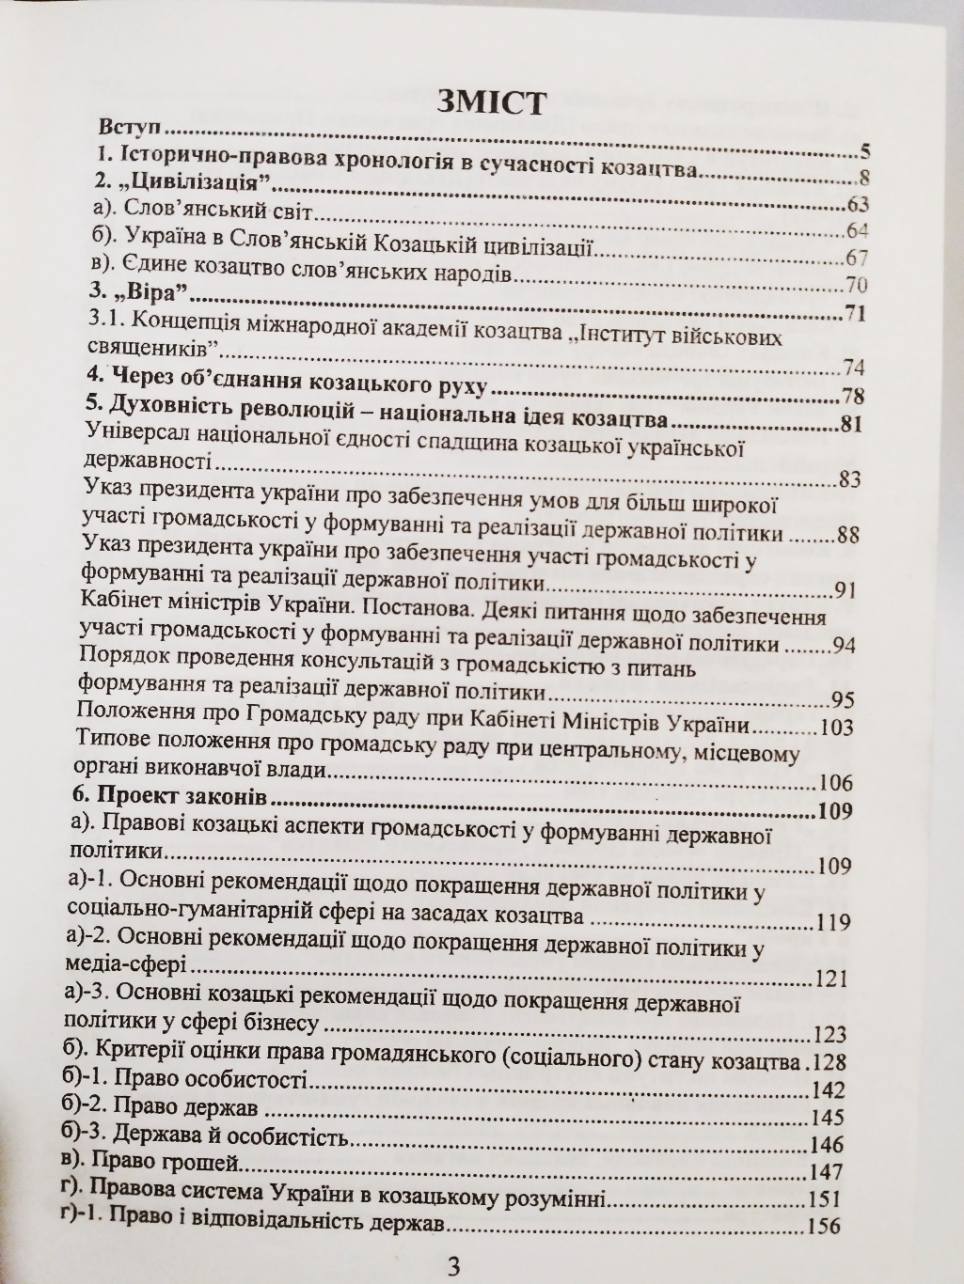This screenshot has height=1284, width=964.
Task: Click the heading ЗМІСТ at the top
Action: [490, 101]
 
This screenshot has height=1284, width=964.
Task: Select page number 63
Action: [856, 205]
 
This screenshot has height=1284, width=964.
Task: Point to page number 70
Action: [855, 286]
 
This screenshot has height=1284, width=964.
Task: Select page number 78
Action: [853, 395]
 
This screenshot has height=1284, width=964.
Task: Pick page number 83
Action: [850, 479]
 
